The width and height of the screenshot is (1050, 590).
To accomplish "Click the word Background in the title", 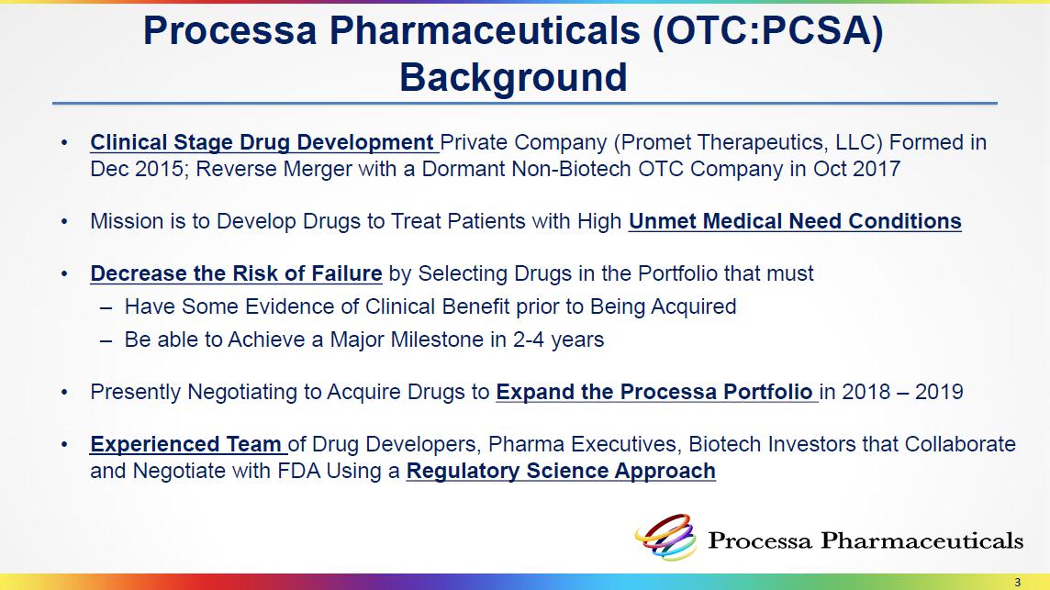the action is pyautogui.click(x=513, y=77).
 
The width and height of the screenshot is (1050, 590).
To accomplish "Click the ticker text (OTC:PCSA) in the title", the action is pyautogui.click(x=769, y=31).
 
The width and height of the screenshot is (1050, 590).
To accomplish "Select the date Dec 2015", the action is pyautogui.click(x=137, y=169).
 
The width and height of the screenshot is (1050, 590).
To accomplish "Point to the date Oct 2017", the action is pyautogui.click(x=857, y=169).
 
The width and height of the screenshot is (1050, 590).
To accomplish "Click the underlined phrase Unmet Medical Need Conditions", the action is pyautogui.click(x=795, y=221).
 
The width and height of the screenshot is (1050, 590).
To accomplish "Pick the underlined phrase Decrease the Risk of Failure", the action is pyautogui.click(x=237, y=273).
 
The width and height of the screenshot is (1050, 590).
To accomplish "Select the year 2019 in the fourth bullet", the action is pyautogui.click(x=939, y=392).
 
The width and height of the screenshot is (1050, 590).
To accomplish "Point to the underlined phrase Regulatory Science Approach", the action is pyautogui.click(x=561, y=471).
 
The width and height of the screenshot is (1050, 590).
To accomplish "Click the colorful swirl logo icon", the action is pyautogui.click(x=665, y=537).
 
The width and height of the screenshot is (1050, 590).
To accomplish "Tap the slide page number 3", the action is pyautogui.click(x=1018, y=582).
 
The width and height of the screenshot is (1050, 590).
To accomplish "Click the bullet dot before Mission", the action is pyautogui.click(x=64, y=222).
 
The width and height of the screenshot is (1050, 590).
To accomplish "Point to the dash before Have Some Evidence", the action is pyautogui.click(x=106, y=308).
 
